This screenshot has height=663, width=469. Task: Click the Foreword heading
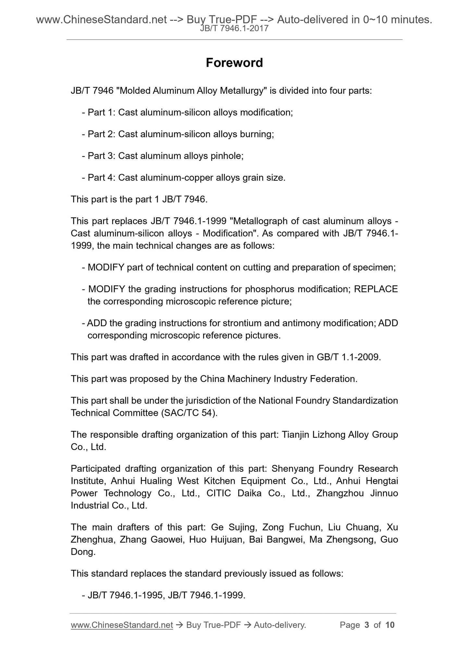point(234,63)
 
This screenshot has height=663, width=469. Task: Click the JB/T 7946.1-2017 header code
point(234,29)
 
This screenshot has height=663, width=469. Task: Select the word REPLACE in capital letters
point(376,289)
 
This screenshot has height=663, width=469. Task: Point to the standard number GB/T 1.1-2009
point(347,357)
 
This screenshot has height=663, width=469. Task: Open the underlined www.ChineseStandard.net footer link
point(122,625)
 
